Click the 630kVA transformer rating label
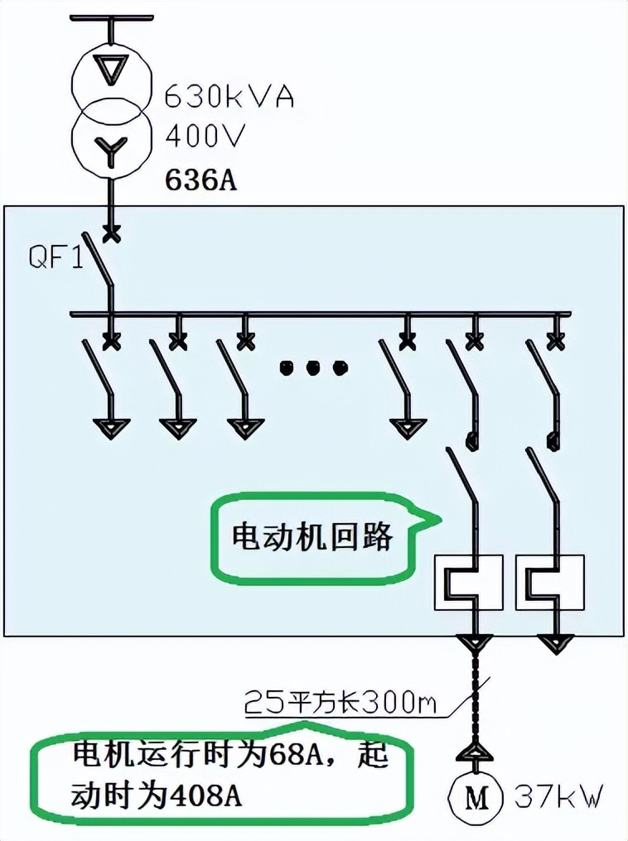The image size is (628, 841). [229, 96]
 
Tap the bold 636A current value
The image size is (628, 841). [201, 179]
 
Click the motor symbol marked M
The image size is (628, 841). [476, 798]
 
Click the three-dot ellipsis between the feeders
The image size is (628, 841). [312, 367]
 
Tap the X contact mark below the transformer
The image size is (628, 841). [111, 234]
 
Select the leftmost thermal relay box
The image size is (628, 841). [469, 582]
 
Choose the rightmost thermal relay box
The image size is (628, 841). [550, 582]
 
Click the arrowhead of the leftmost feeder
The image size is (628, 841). [111, 427]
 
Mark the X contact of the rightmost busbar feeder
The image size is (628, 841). [555, 339]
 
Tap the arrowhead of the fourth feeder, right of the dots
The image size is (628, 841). [408, 427]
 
